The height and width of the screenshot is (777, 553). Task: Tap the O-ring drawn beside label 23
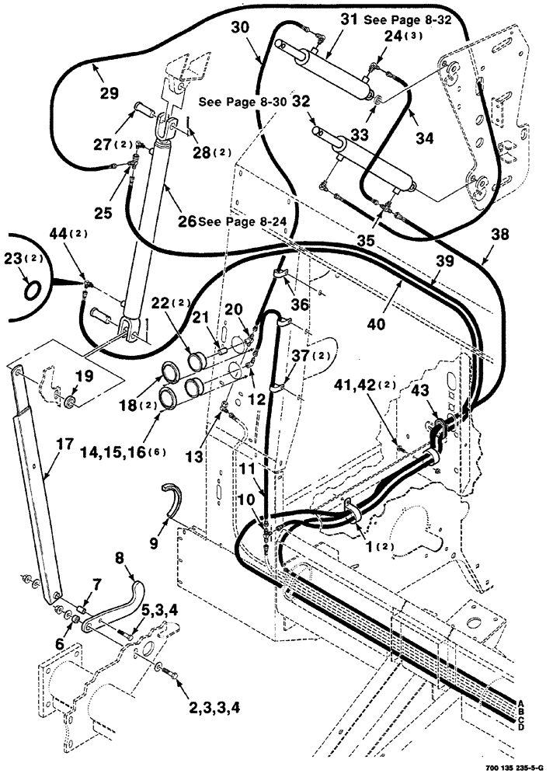click(30, 290)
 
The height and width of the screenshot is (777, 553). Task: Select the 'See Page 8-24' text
click(243, 221)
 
